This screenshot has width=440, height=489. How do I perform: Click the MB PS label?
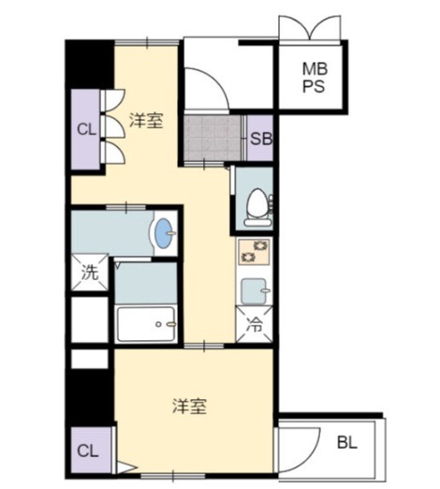tap(315, 78)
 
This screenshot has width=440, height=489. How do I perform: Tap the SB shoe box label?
tap(261, 139)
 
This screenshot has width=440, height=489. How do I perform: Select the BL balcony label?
tap(347, 442)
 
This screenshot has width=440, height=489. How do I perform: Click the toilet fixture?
tap(258, 207)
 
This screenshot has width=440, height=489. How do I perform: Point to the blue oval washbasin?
tap(164, 230)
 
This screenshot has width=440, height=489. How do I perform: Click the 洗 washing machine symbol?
tap(90, 273)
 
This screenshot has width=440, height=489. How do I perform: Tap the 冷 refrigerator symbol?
tap(255, 324)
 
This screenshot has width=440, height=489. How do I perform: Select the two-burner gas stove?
tap(254, 251)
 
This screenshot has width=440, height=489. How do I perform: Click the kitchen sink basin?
tap(255, 291)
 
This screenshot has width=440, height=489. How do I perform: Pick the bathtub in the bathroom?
tap(146, 324)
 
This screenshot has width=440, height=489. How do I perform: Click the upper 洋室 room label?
tap(146, 121)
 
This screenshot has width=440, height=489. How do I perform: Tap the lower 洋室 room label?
tap(189, 406)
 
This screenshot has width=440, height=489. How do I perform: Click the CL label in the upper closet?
tap(86, 129)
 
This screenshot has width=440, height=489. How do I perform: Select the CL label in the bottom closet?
tap(88, 452)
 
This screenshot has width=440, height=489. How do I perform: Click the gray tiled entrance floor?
tap(213, 138)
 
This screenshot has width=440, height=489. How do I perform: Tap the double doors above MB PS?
tap(310, 28)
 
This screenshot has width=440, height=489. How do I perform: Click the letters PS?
tap(314, 86)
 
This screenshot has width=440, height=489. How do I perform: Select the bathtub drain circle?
tap(158, 324)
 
